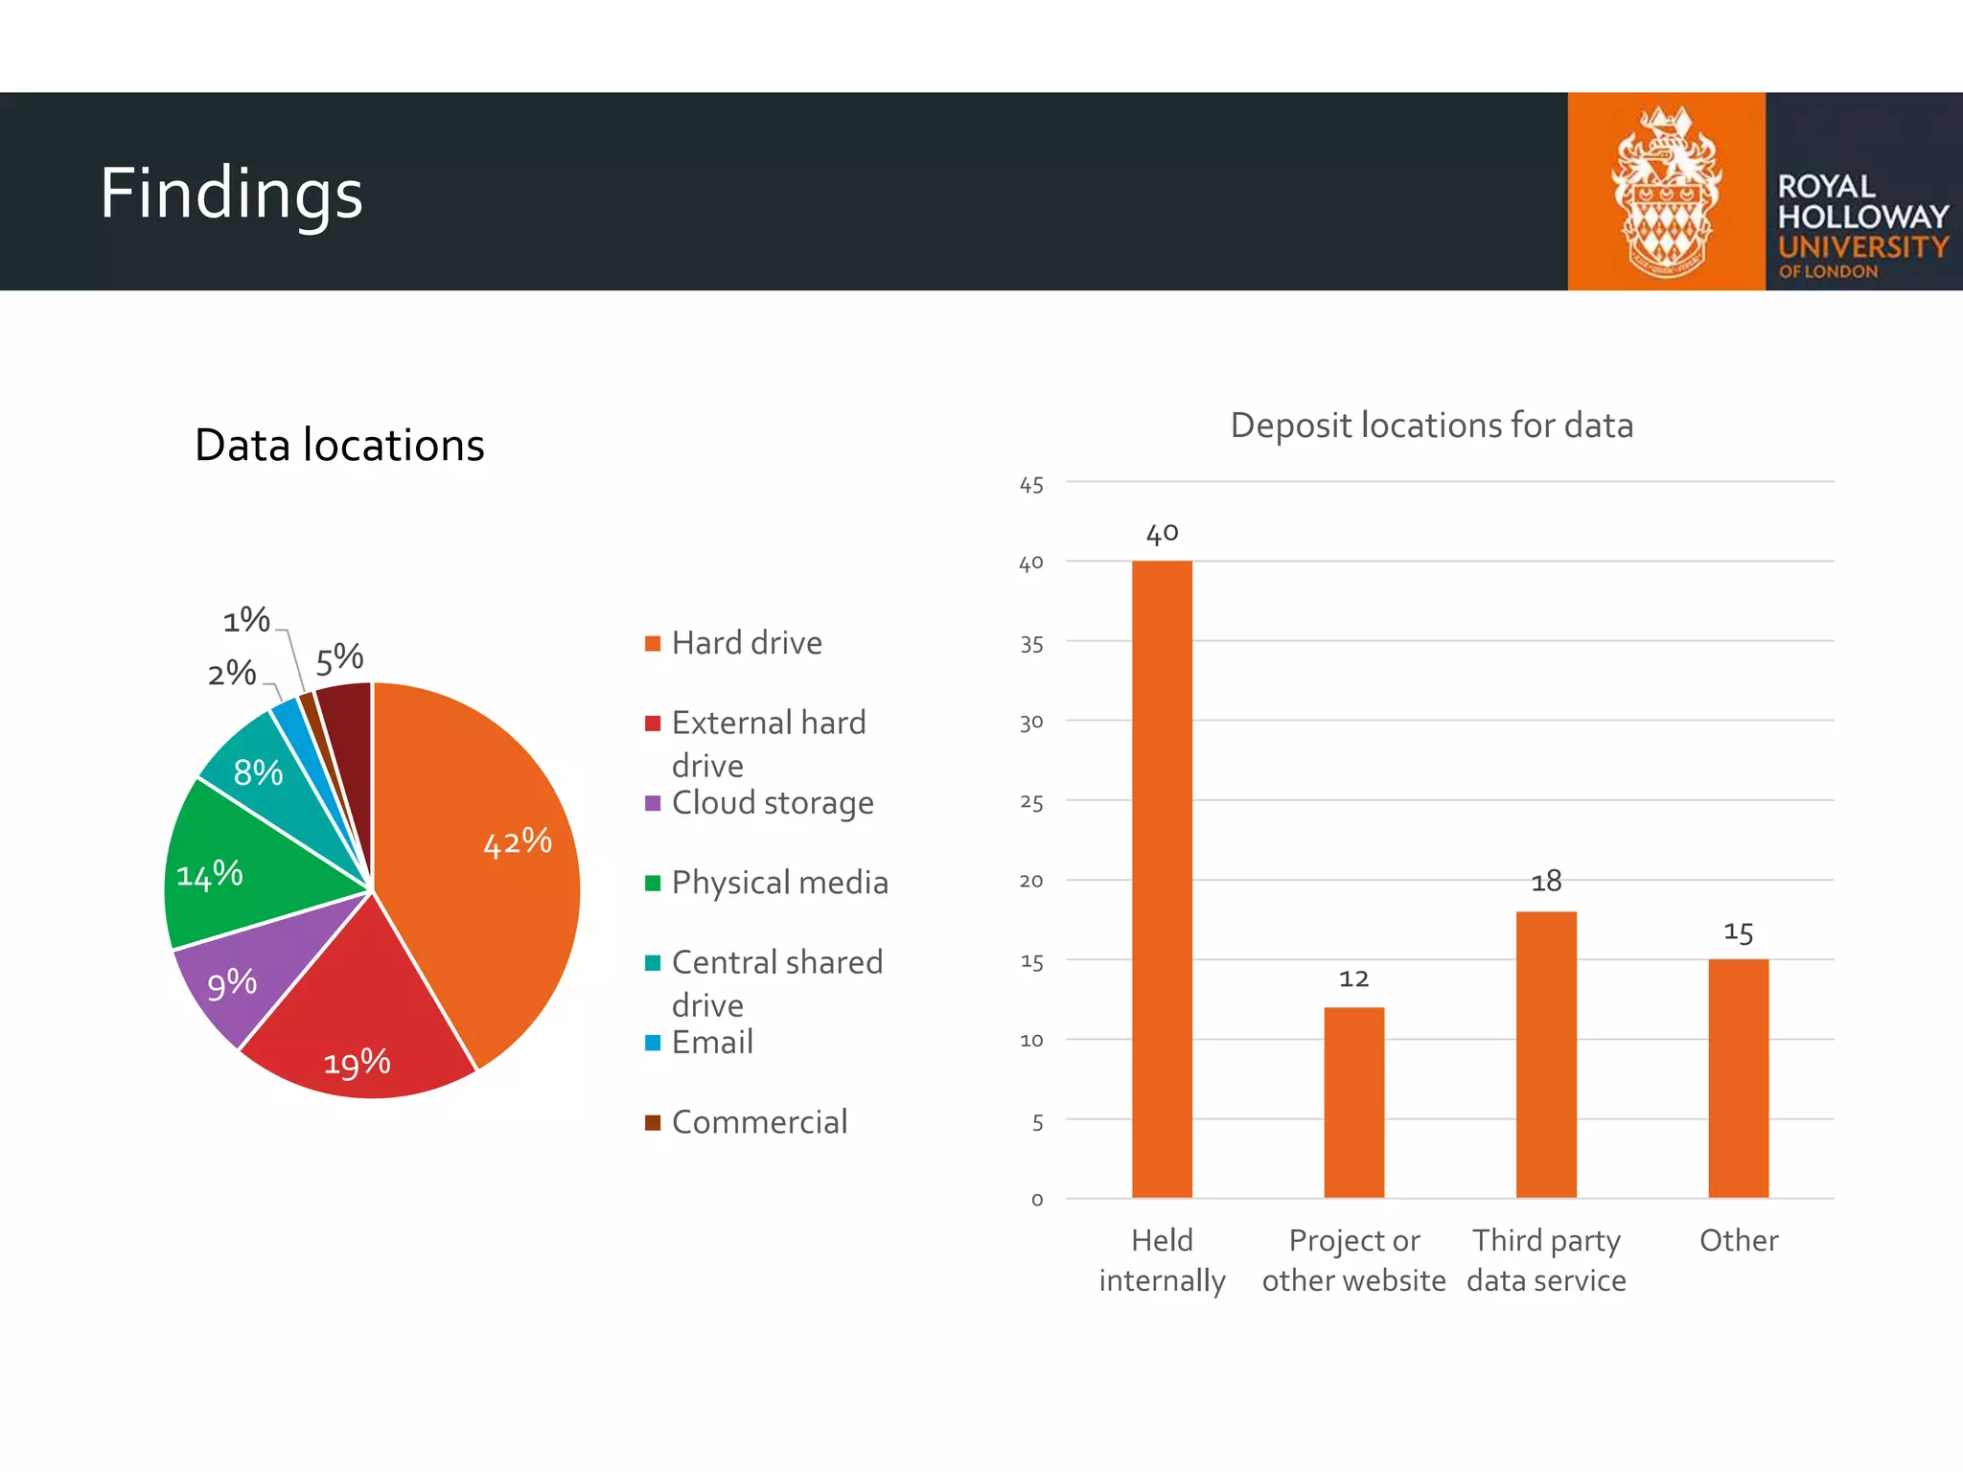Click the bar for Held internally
coord(1162,879)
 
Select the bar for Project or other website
coord(1353,1102)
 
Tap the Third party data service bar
coord(1546,1054)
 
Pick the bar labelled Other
coord(1738,1078)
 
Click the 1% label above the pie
coord(246,620)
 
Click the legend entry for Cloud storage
coord(772,803)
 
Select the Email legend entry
coord(711,1043)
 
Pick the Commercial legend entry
coord(758,1122)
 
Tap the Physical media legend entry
coord(778,883)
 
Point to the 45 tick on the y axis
coord(1031,485)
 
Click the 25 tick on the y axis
coord(1031,802)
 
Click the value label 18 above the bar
coord(1546,882)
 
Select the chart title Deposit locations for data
coord(1431,425)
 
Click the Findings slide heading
coord(231,193)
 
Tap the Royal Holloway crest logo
coord(1666,192)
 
